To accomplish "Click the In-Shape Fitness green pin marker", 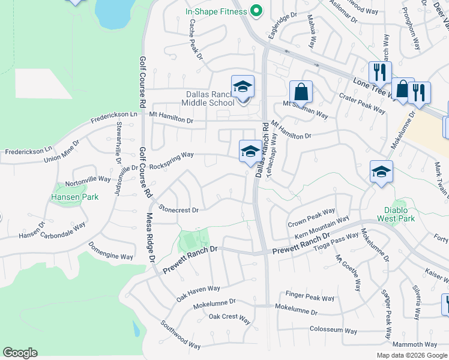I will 257,11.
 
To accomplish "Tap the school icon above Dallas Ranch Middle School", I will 243,87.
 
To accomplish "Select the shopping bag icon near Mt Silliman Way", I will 301,92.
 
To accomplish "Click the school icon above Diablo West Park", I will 381,172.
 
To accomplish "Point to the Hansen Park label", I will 75,196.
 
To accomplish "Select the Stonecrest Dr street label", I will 178,210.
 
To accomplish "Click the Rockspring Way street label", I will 172,158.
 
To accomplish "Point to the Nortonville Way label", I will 88,179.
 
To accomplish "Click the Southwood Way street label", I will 180,334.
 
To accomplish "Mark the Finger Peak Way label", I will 310,297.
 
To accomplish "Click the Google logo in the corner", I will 20,353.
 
